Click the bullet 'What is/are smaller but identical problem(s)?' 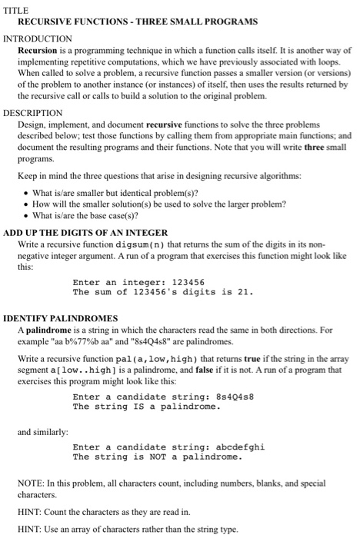(x=115, y=192)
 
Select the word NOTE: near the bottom (x=32, y=483)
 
